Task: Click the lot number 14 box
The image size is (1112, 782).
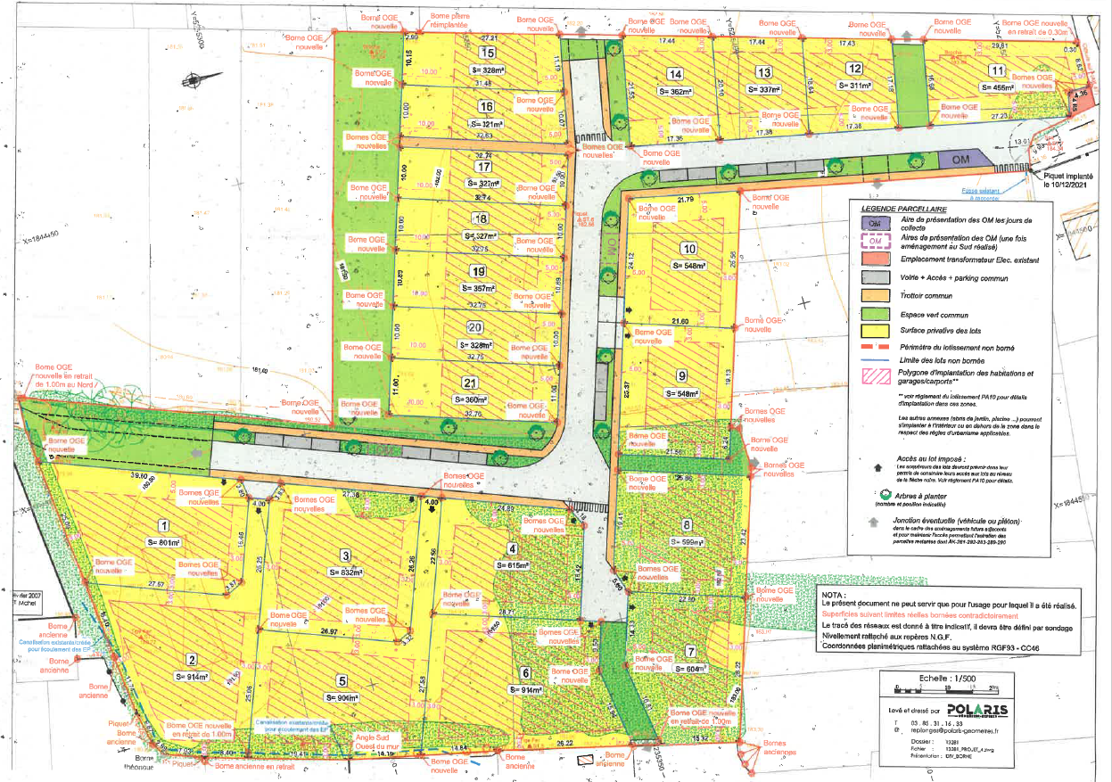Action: (x=676, y=74)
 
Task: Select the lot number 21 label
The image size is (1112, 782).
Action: (x=467, y=383)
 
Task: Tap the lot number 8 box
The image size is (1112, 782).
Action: (x=688, y=524)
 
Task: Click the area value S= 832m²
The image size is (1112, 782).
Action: (x=346, y=572)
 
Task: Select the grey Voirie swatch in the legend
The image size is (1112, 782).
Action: (x=876, y=276)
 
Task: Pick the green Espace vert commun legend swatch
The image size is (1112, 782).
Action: (x=876, y=313)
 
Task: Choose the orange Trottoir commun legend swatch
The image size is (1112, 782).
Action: (x=876, y=294)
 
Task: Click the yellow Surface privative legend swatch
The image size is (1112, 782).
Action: (x=876, y=331)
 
